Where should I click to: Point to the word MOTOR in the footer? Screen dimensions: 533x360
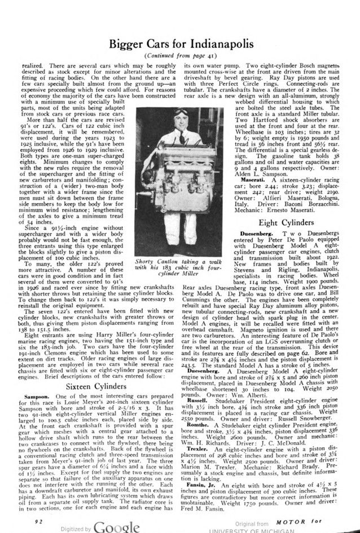point(309,513)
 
